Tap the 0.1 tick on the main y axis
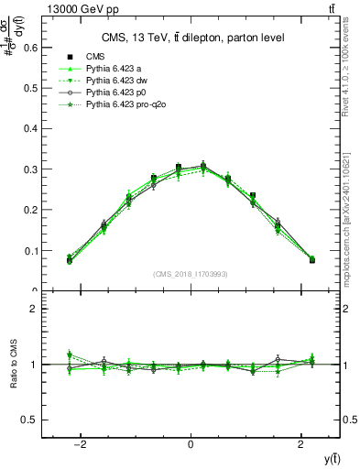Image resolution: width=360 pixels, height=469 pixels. [30, 250]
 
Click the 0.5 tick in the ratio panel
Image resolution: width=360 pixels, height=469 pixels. [30, 420]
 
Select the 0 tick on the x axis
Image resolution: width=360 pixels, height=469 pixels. [191, 445]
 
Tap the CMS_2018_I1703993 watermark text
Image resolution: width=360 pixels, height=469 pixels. [191, 274]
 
